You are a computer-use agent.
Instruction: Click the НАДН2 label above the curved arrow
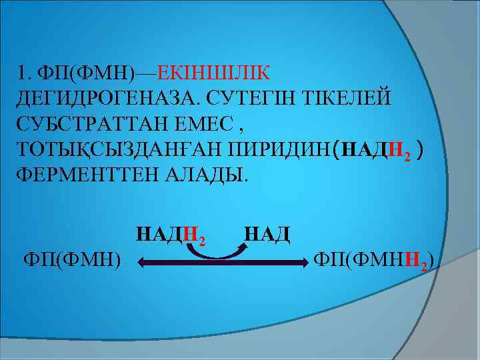click(170, 235)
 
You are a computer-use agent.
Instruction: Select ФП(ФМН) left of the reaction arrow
click(72, 258)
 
